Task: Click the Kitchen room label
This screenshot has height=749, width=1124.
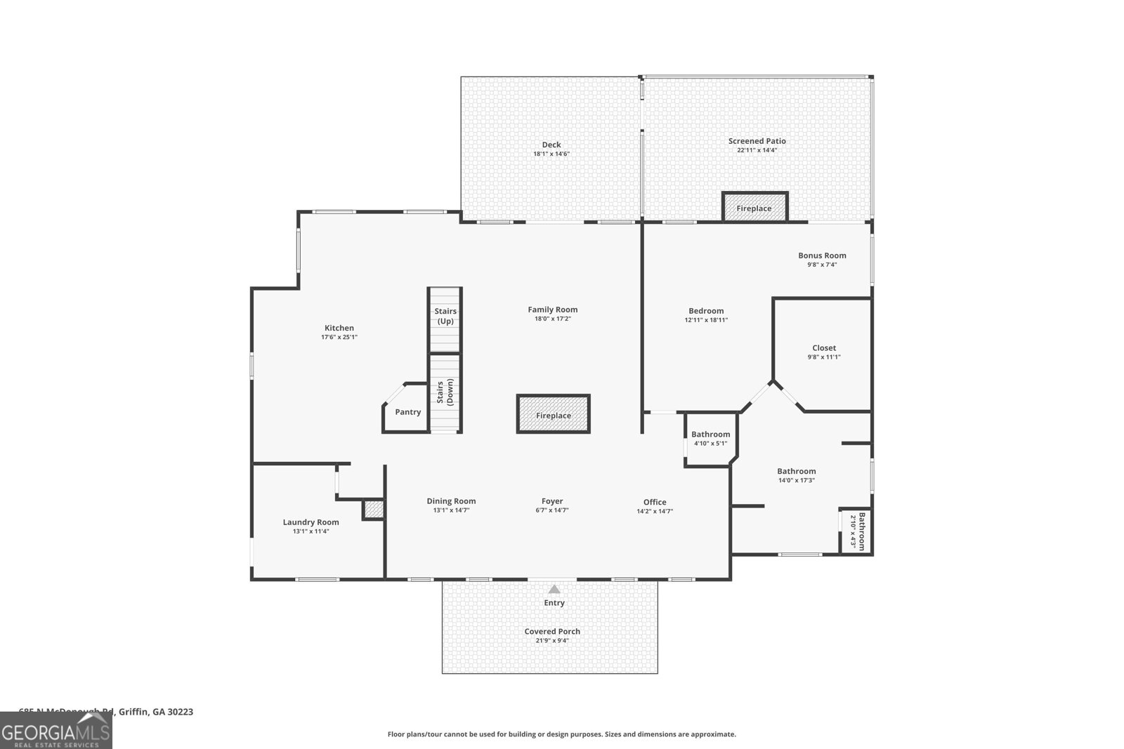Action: coord(339,328)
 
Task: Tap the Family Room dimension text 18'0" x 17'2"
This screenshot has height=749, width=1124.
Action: coord(552,319)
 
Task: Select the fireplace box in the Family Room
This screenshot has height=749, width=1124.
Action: coord(553,415)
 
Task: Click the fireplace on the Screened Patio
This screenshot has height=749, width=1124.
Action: coord(754,208)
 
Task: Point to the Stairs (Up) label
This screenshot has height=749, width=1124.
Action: coord(445,316)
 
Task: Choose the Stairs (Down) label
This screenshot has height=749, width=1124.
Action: coord(445,393)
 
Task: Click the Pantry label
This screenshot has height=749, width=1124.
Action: coord(407,412)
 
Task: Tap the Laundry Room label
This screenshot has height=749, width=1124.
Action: coord(311,522)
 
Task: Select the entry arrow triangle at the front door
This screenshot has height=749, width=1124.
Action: coord(554,590)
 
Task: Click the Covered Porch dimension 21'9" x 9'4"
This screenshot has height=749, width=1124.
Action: coord(552,640)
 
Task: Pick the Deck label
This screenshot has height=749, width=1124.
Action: coord(551,145)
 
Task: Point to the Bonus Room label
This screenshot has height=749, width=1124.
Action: coord(822,256)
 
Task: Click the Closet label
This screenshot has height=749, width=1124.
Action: coord(824,347)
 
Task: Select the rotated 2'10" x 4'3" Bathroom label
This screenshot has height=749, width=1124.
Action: coord(858,531)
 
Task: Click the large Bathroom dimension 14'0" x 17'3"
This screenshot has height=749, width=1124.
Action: coord(796,481)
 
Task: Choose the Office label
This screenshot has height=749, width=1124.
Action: coord(655,502)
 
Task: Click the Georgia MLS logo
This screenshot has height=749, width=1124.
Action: coord(56,730)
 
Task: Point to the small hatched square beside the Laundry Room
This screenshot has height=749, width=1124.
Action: coord(374,510)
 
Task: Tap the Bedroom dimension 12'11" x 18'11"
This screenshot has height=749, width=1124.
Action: coord(706,320)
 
